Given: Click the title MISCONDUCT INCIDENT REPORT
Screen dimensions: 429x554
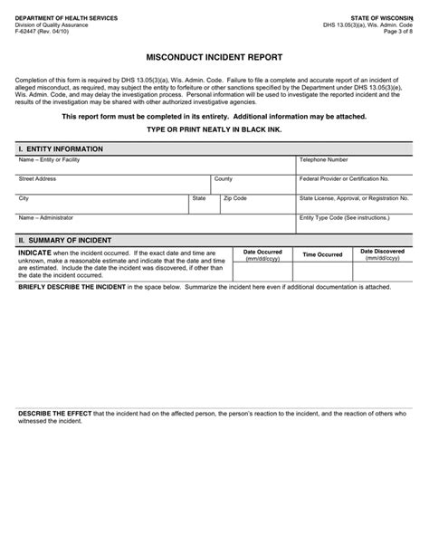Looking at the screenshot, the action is click(214, 56).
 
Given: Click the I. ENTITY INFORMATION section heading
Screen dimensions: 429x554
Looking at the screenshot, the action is click(61, 148).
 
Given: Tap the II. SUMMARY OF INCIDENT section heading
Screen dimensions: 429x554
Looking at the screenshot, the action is click(66, 240).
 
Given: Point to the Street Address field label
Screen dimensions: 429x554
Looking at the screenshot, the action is click(37, 179).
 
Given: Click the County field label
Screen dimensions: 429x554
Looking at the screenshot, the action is click(224, 179).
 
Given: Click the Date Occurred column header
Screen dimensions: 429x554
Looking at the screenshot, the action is click(262, 252).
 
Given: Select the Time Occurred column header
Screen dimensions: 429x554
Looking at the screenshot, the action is click(322, 255).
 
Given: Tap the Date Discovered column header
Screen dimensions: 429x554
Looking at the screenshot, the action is click(382, 252).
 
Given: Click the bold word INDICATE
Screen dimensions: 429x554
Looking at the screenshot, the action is click(35, 252).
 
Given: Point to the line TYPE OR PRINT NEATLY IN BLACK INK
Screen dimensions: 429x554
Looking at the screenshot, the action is click(214, 129).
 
